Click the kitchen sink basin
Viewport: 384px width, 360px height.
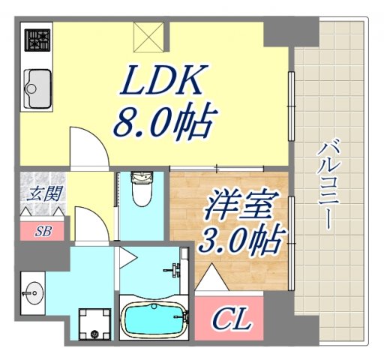[38, 88]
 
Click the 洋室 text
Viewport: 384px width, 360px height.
[239, 205]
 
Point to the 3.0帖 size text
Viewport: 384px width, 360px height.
[239, 240]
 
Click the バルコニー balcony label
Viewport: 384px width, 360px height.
[325, 184]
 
